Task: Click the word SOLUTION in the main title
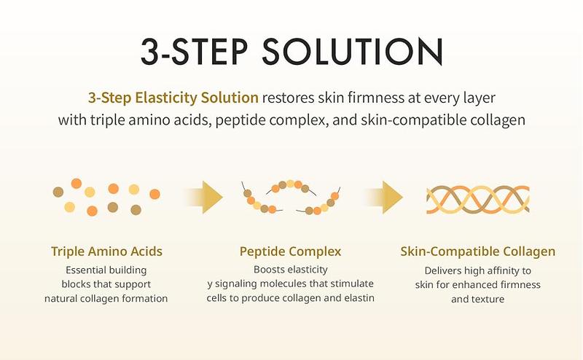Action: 350,51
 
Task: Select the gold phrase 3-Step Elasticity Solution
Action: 173,97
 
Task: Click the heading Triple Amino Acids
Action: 106,251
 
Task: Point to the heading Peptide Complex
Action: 290,251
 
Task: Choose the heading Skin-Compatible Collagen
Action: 478,251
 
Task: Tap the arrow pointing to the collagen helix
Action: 386,196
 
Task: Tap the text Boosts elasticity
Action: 291,270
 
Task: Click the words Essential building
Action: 106,270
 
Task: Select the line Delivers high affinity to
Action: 478,270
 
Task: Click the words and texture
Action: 478,299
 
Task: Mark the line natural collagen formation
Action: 106,299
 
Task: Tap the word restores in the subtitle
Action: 289,97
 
